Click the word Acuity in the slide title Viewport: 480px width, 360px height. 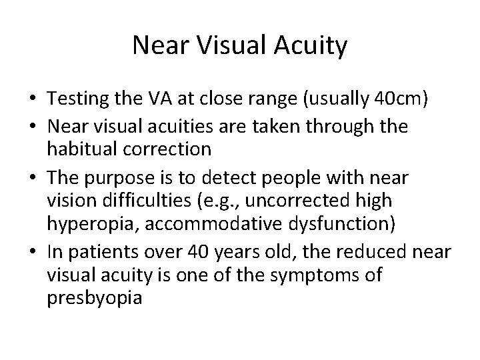[311, 46]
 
